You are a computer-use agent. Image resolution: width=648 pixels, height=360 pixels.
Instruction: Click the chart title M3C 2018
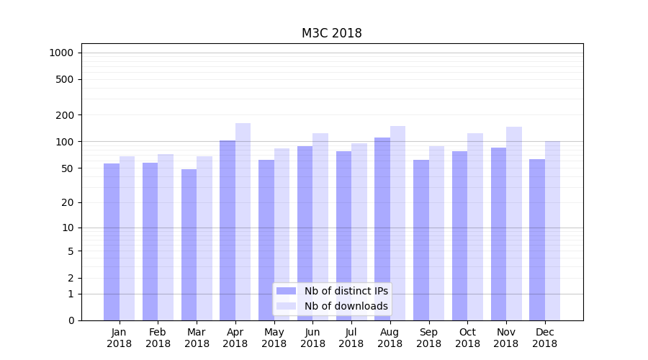click(x=331, y=34)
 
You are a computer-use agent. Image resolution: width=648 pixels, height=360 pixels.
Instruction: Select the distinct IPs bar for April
click(x=228, y=230)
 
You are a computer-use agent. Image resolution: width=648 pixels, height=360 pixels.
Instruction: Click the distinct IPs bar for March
click(x=189, y=245)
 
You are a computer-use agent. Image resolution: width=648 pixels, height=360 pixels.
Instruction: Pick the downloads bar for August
click(x=398, y=223)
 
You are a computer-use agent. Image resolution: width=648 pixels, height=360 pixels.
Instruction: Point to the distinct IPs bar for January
click(x=112, y=242)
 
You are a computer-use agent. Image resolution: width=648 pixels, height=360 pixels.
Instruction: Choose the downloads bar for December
click(x=553, y=230)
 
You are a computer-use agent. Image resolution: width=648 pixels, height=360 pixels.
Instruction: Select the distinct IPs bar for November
click(x=498, y=234)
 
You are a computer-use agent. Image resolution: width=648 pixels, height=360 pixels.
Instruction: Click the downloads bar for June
click(x=320, y=227)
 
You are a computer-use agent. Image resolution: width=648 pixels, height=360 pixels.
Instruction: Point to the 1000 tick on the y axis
click(x=61, y=53)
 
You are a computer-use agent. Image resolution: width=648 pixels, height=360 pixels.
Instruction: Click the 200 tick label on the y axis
click(x=65, y=115)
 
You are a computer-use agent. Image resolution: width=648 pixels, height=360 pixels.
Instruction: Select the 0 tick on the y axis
click(x=71, y=320)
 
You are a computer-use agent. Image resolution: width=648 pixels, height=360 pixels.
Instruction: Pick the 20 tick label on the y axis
click(x=68, y=202)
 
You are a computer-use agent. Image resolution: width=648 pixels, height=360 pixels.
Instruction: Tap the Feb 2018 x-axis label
click(x=158, y=338)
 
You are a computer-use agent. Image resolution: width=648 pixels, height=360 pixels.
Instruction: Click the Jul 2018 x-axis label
click(x=351, y=338)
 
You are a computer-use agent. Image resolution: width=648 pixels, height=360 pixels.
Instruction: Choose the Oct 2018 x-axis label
click(x=467, y=338)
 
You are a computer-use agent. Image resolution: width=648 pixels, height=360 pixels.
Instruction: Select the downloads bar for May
click(x=282, y=234)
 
